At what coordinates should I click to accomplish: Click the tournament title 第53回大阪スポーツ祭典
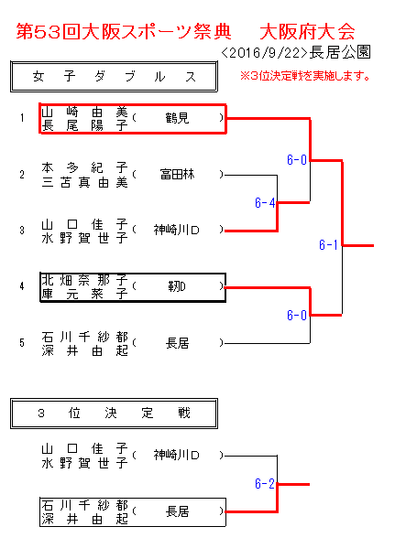[x=124, y=32]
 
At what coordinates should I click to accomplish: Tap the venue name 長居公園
[x=340, y=52]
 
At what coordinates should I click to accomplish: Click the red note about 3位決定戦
[x=305, y=76]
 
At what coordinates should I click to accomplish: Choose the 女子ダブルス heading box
[x=114, y=77]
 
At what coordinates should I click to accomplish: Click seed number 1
[x=22, y=118]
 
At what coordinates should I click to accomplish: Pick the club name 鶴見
[x=177, y=118]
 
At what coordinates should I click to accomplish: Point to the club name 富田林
[x=177, y=175]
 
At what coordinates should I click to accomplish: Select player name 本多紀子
[x=84, y=167]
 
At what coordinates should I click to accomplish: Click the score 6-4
[x=265, y=203]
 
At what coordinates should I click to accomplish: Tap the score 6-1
[x=328, y=245]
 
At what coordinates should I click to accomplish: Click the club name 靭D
[x=177, y=286]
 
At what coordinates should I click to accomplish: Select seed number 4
[x=22, y=286]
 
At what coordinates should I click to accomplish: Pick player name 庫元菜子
[x=84, y=294]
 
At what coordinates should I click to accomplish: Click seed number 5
[x=22, y=343]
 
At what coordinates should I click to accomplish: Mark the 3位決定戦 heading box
[x=114, y=414]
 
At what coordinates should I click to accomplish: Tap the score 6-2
[x=265, y=484]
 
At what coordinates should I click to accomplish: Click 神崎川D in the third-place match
[x=176, y=455]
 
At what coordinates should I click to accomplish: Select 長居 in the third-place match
[x=177, y=511]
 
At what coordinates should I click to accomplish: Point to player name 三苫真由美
[x=84, y=183]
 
